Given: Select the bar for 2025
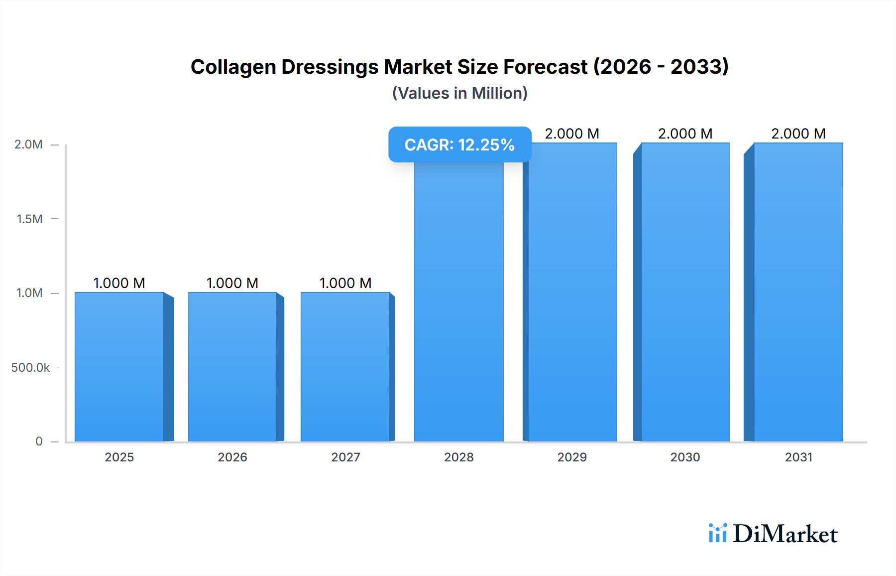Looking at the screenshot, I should [x=119, y=367].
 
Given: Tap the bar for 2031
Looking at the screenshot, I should [x=798, y=292].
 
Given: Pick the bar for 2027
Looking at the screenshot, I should [x=345, y=367].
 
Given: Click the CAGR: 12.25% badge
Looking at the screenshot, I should [x=459, y=144].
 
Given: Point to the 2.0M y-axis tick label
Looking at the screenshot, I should [x=28, y=144].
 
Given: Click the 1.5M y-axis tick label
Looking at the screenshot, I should [x=29, y=219].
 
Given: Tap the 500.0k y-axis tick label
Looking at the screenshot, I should [x=30, y=368].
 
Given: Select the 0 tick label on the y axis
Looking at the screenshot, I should [x=39, y=441].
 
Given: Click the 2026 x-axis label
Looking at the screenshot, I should [x=232, y=457].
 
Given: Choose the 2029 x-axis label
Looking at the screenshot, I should [x=572, y=457].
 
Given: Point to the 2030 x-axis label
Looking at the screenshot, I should [x=685, y=457].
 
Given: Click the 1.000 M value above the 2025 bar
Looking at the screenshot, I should [x=119, y=283].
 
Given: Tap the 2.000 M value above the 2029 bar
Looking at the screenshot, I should [x=572, y=134].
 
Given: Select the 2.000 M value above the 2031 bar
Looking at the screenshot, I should [x=798, y=134].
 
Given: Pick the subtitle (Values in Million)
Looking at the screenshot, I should [x=459, y=93].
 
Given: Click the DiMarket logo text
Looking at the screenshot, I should [x=785, y=534].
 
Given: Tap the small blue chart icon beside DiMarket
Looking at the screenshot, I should [x=717, y=533].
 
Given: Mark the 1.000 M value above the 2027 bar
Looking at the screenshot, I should [x=345, y=283].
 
